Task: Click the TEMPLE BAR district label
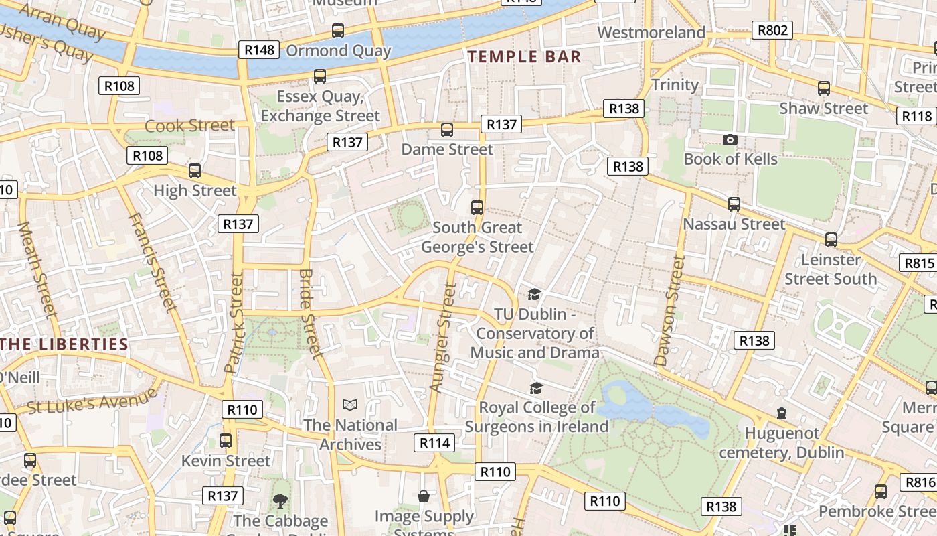[x=525, y=57]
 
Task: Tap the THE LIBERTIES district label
[x=64, y=344]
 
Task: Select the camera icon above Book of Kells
[x=730, y=139]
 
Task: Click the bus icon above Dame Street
[x=446, y=130]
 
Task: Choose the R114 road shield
[x=434, y=442]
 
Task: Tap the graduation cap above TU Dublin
[x=534, y=294]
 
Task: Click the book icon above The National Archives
[x=350, y=405]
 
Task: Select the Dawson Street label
[x=671, y=311]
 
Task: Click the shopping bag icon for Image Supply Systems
[x=424, y=496]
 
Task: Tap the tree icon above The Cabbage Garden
[x=280, y=500]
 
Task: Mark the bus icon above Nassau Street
[x=734, y=204]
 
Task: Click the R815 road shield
[x=918, y=263]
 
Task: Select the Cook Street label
[x=189, y=126]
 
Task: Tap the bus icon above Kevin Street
[x=226, y=441]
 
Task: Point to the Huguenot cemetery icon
[x=781, y=413]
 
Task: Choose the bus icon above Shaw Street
[x=824, y=88]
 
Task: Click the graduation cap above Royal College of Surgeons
[x=536, y=388]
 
